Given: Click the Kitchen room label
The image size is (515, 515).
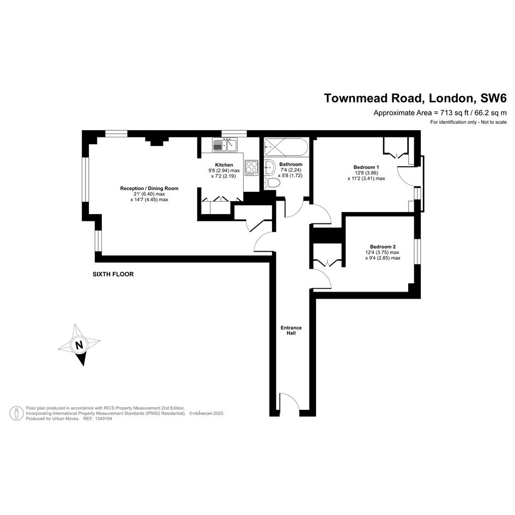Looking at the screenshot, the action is click(x=224, y=165).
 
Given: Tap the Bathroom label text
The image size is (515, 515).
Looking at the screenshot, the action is click(x=290, y=164).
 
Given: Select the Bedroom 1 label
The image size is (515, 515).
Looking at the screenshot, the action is click(x=366, y=167).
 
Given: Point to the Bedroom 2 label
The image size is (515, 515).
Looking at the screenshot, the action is click(x=383, y=247).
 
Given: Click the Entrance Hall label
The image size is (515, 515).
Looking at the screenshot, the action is click(x=291, y=330).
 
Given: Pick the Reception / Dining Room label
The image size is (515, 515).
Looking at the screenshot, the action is click(x=149, y=188).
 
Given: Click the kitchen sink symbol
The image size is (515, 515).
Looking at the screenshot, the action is click(x=225, y=145).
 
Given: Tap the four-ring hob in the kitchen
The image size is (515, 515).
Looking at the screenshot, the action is click(x=252, y=167).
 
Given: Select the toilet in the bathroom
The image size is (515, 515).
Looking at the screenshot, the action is click(x=271, y=183).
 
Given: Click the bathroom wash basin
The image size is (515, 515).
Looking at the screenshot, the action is click(x=270, y=167).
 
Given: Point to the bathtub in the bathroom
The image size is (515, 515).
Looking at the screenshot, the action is click(x=286, y=147).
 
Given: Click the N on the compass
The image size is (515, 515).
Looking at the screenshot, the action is click(x=79, y=345).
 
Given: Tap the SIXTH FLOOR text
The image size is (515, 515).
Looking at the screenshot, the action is click(x=113, y=274).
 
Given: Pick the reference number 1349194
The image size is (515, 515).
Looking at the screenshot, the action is click(x=103, y=419).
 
